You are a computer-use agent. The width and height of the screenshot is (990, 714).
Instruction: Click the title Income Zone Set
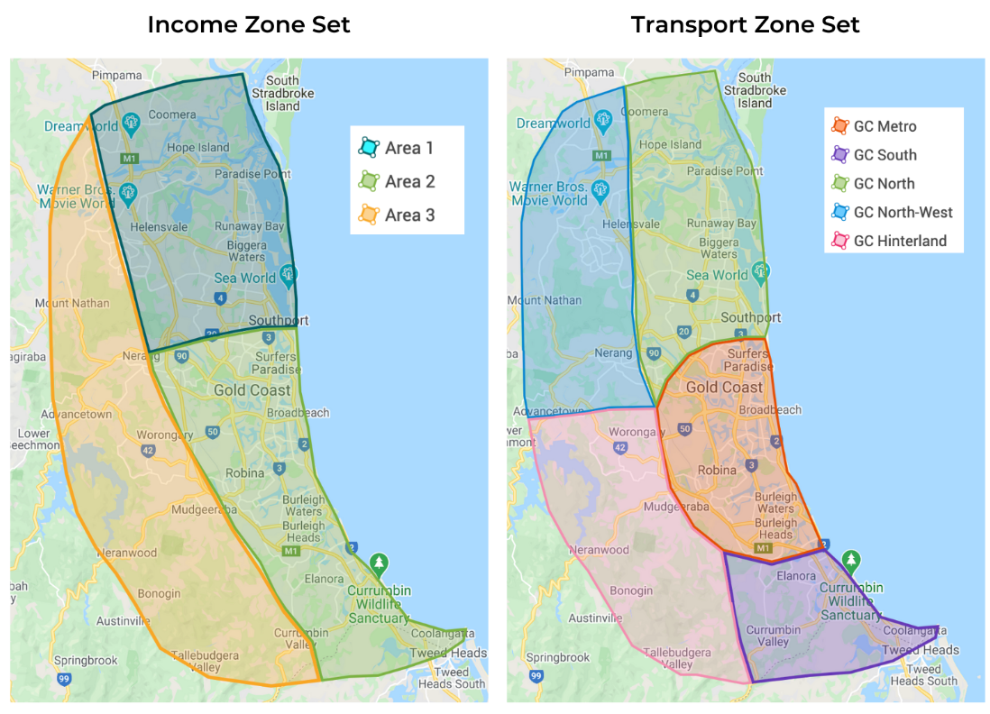(x=249, y=24)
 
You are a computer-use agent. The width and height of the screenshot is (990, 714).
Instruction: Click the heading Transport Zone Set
(x=745, y=24)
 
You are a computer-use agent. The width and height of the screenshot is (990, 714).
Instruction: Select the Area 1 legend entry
(x=398, y=148)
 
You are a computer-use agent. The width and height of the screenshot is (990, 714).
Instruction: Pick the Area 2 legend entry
(x=398, y=181)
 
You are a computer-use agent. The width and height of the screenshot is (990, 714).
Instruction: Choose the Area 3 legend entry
(x=398, y=215)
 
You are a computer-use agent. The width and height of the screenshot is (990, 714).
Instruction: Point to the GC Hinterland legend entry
(x=887, y=241)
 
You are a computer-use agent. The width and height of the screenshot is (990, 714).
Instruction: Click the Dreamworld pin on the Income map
(x=131, y=121)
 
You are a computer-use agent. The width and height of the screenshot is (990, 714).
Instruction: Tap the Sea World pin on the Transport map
(x=761, y=270)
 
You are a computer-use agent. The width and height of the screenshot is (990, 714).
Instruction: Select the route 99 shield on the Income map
(x=63, y=678)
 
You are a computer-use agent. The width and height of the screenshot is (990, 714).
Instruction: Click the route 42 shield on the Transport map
(x=619, y=447)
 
